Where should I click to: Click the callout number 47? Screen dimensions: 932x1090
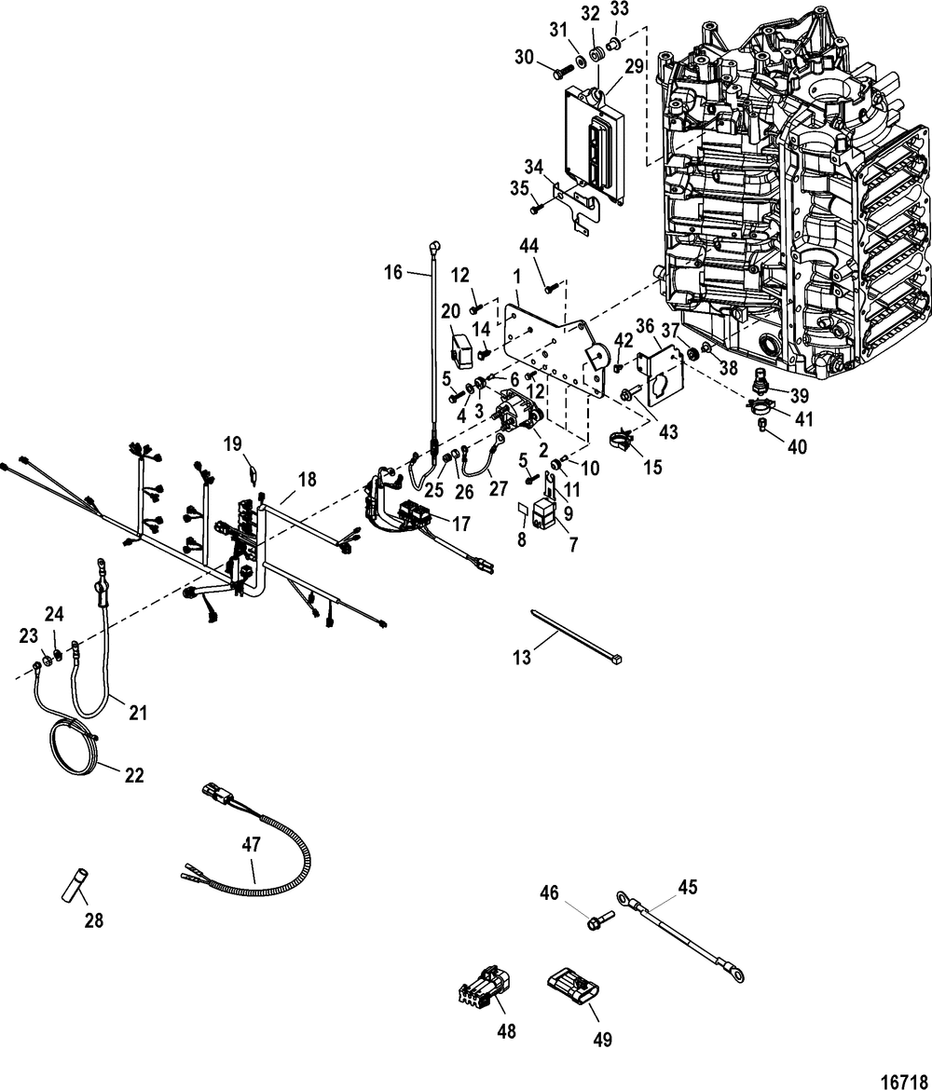tap(251, 845)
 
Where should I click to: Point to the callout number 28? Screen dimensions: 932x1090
tap(94, 920)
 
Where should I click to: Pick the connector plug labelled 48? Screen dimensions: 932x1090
tap(484, 986)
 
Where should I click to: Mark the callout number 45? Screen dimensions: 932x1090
tap(687, 887)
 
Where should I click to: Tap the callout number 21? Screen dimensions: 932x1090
tap(139, 713)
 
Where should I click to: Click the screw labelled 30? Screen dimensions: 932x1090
tap(561, 70)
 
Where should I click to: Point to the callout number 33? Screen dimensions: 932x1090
tap(619, 10)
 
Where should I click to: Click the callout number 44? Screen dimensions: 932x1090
tap(528, 245)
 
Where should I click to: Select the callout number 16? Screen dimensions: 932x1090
tap(393, 272)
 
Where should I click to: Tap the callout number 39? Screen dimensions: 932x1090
tap(800, 396)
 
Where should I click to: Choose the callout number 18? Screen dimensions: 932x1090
tap(308, 479)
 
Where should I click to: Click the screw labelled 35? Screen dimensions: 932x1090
tap(536, 207)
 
